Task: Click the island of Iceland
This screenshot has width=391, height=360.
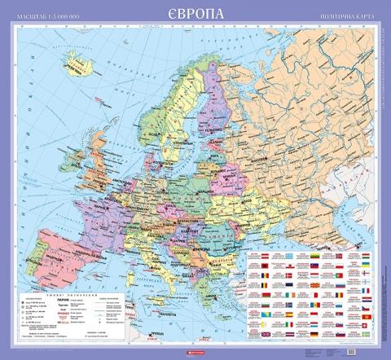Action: click(81, 62)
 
